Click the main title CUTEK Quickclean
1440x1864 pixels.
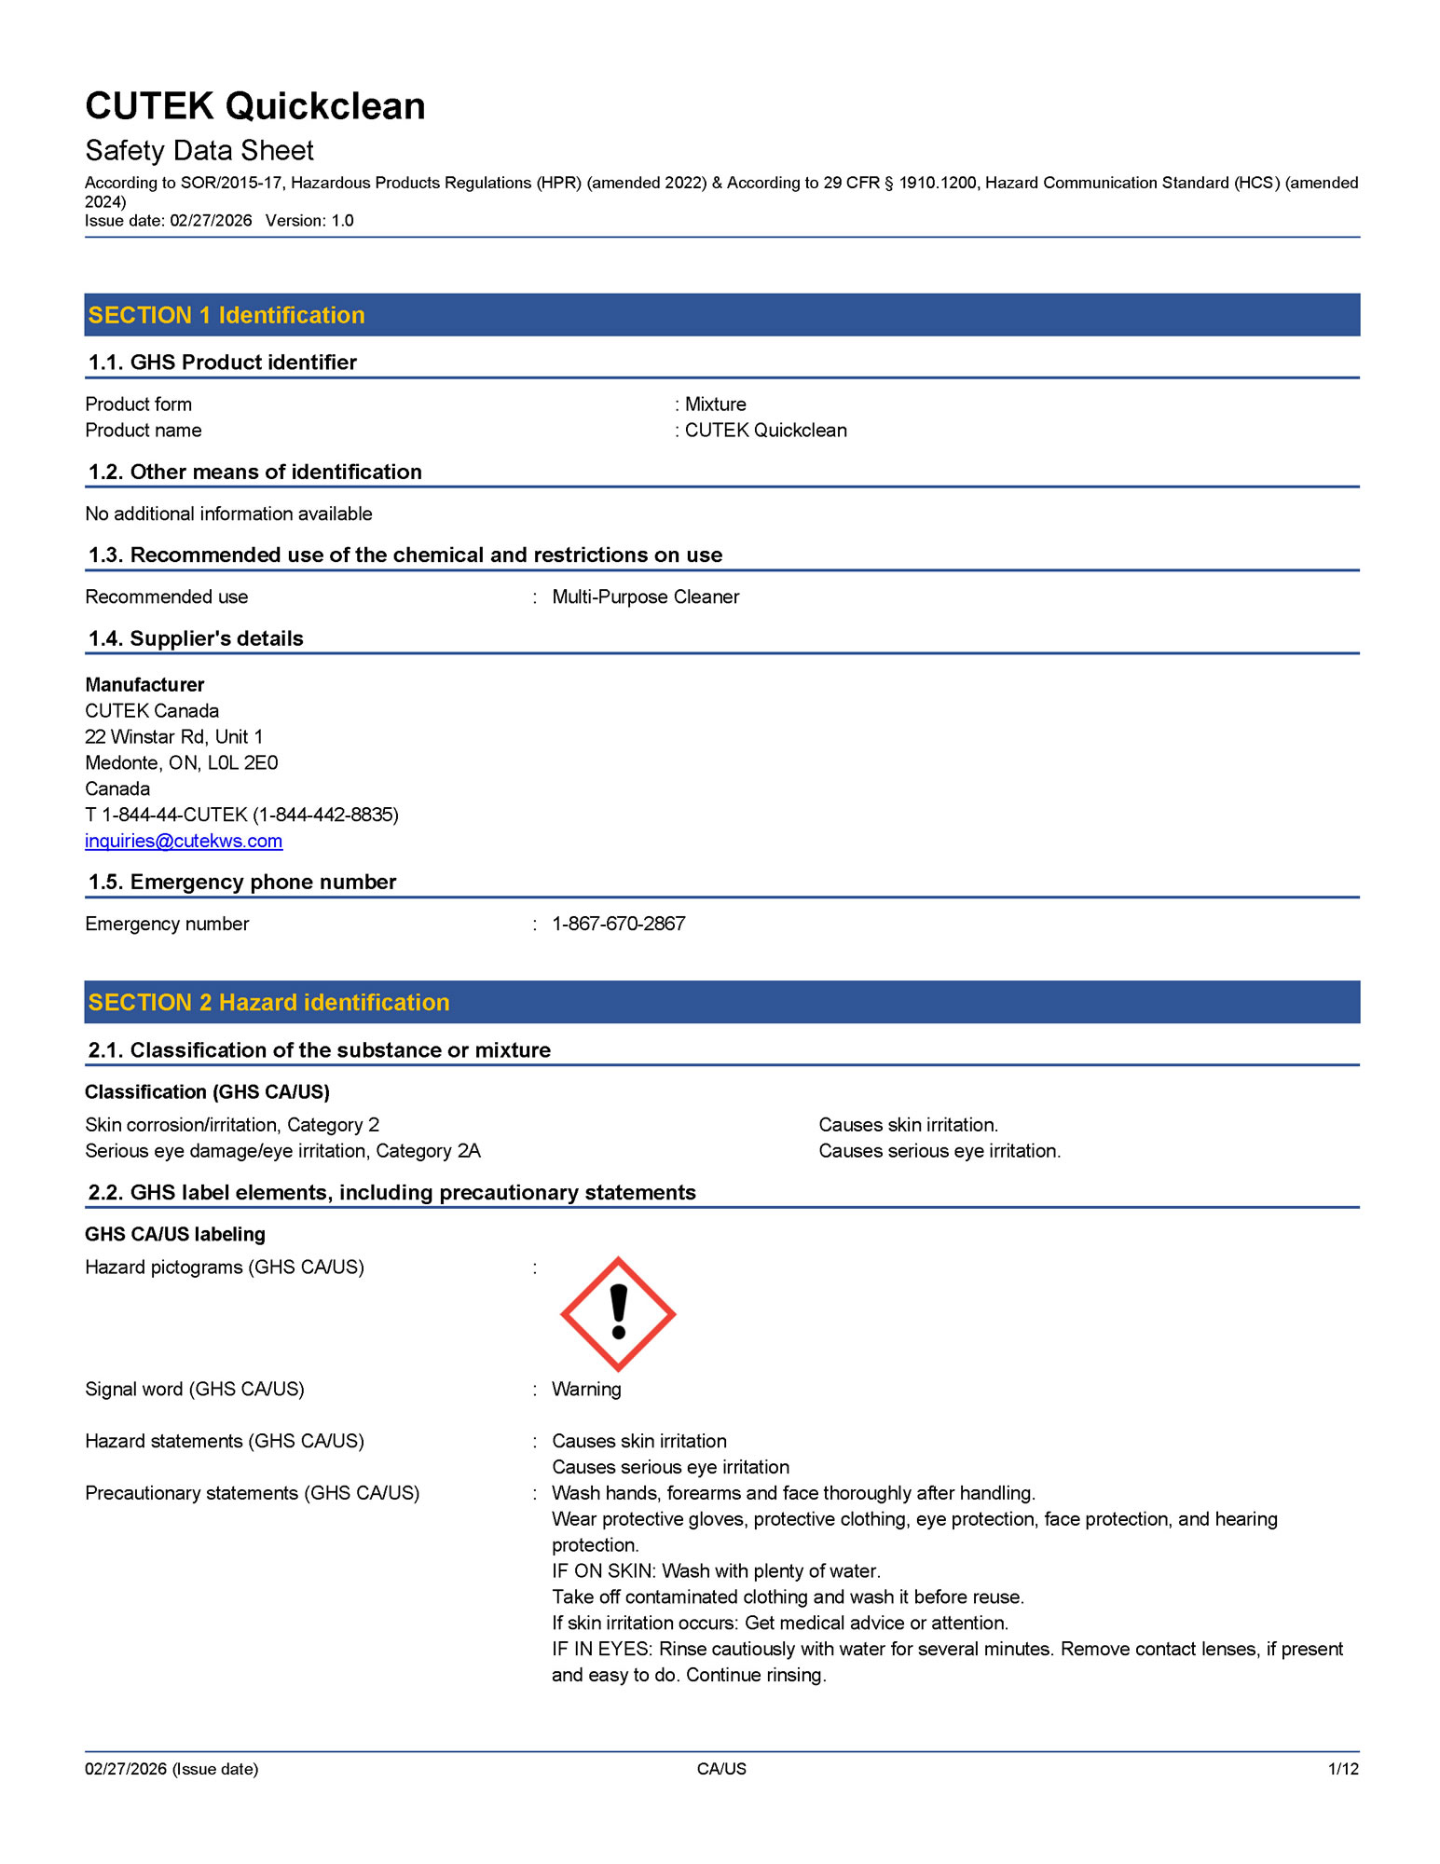[x=254, y=106]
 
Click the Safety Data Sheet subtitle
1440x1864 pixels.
[x=199, y=151]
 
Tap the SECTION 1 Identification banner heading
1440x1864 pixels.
[x=226, y=315]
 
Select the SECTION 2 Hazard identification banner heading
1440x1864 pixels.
[x=268, y=1002]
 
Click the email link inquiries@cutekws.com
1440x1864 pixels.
[x=184, y=841]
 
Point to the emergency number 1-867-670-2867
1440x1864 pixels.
[x=618, y=924]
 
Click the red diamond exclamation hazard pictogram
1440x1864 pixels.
[x=618, y=1314]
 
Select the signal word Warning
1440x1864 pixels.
[x=586, y=1389]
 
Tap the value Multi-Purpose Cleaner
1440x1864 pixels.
[x=645, y=596]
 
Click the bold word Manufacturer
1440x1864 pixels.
[x=144, y=684]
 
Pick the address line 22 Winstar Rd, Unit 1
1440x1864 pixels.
[x=173, y=736]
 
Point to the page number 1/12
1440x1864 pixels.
[x=1343, y=1769]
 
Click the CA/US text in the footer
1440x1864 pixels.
[x=721, y=1769]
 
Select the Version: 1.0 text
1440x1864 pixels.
[x=309, y=221]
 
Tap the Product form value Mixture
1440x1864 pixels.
[x=715, y=404]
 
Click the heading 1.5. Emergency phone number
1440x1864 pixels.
[x=241, y=882]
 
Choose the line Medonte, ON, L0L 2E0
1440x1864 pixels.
[x=181, y=762]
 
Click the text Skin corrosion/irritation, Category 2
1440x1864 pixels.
[x=232, y=1125]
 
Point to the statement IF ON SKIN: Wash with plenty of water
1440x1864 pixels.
[x=716, y=1570]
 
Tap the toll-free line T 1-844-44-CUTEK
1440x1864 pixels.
[x=241, y=815]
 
